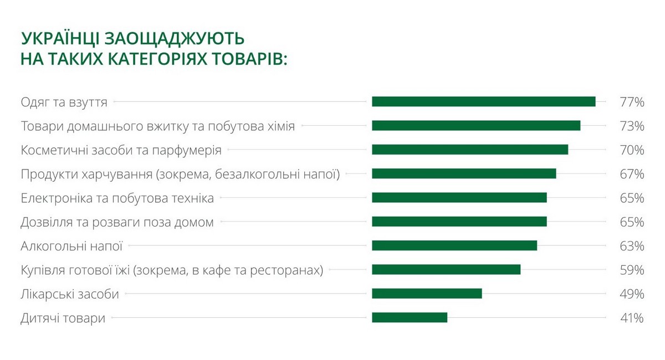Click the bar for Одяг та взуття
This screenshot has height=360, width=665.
pos(483,101)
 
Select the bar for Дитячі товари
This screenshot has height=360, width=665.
pos(409,317)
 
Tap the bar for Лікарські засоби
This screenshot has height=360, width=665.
pos(427,294)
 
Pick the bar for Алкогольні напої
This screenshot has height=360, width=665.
pos(454,245)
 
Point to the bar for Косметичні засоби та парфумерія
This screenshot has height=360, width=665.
pos(470,150)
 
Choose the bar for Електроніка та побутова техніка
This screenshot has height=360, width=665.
pos(459,198)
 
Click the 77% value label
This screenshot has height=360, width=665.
pos(632,102)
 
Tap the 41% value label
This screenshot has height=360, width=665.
pos(632,318)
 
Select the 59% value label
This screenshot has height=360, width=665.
pos(632,270)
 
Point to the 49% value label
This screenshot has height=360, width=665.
pos(632,294)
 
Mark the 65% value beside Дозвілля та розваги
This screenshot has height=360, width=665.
pos(632,222)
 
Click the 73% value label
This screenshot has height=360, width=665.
pos(632,126)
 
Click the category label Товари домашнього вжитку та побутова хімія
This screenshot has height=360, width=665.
pos(157,126)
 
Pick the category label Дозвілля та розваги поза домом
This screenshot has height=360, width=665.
pos(117,222)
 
